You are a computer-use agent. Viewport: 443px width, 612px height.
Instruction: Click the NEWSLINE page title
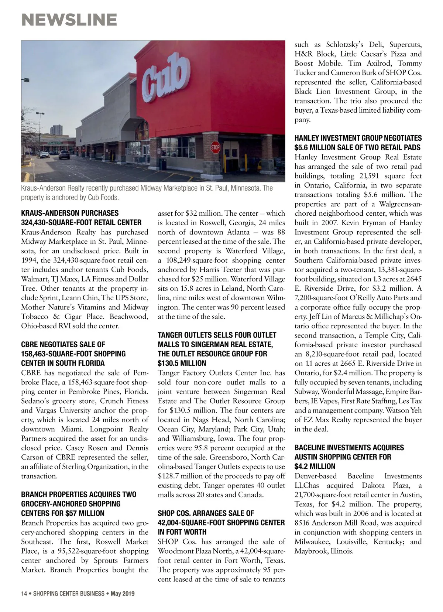click(x=69, y=20)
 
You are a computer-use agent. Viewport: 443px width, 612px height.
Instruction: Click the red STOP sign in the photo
click(x=215, y=148)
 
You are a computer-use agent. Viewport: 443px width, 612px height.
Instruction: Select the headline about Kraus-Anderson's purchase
click(x=81, y=218)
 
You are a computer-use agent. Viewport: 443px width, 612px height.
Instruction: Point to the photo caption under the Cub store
click(x=147, y=193)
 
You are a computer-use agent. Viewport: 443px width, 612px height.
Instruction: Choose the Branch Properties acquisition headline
click(x=79, y=504)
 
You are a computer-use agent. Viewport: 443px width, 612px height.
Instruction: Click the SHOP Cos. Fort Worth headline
click(x=221, y=523)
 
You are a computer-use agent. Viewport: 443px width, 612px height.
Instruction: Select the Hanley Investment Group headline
click(x=358, y=143)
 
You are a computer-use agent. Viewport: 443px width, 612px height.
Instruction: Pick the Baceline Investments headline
click(x=349, y=457)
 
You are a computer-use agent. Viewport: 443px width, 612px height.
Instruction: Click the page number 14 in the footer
click(x=24, y=594)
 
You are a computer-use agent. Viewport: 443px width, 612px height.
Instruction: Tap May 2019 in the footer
click(x=123, y=594)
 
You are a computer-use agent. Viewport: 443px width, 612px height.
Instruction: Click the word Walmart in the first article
click(x=34, y=279)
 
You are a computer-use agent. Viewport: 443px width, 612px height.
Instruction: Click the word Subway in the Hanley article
click(x=306, y=392)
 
